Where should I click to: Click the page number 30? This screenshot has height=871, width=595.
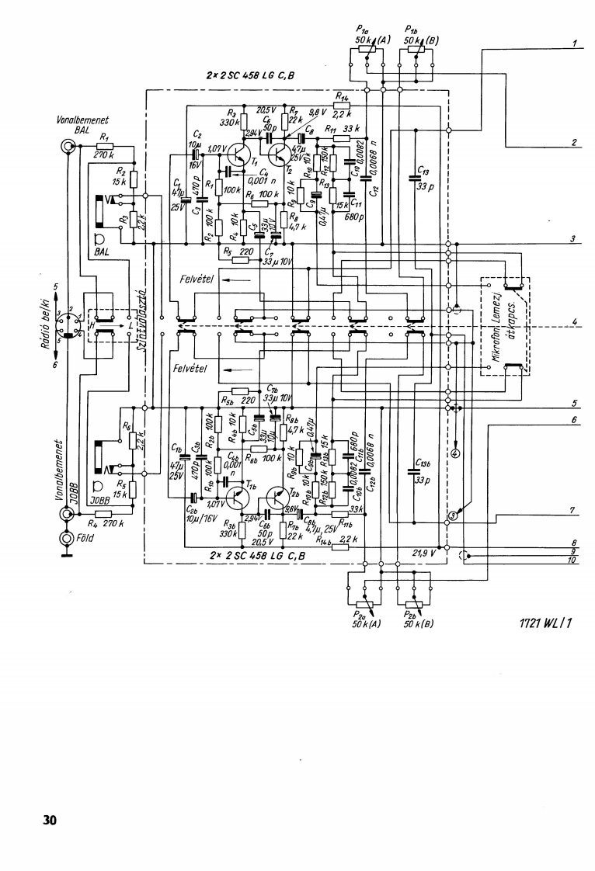(x=50, y=820)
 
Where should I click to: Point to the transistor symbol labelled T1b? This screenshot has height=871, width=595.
(x=235, y=498)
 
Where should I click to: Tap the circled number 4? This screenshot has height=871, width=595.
(x=455, y=453)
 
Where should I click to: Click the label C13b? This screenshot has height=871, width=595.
(x=423, y=463)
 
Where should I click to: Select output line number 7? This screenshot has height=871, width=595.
(x=572, y=511)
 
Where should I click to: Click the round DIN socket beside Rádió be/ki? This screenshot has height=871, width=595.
(x=68, y=322)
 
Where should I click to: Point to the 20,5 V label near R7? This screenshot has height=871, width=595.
(x=266, y=109)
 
